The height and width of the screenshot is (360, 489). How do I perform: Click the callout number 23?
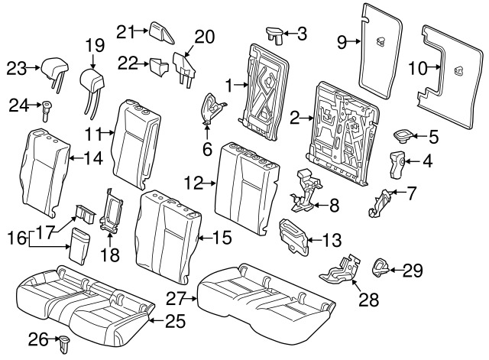coord(17,68)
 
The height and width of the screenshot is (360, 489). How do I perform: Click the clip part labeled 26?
coord(64,345)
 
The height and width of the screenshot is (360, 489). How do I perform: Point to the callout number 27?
coord(176,299)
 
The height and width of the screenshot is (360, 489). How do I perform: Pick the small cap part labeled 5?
coord(403,136)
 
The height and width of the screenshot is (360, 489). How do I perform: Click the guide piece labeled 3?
coord(275,35)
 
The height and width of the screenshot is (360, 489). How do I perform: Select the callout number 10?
coord(418,68)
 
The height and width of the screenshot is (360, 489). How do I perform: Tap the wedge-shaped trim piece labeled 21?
coord(161,33)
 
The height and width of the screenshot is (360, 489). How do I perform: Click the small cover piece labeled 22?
coord(159,66)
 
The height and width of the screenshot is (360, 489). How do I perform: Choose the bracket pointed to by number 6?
coord(212,108)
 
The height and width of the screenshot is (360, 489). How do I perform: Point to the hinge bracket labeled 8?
coord(305,191)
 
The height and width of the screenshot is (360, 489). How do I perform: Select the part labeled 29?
coord(380,268)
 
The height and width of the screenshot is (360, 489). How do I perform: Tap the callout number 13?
coord(332,241)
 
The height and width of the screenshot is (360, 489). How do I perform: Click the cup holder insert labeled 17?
coord(85,213)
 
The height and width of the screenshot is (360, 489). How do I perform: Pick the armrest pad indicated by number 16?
coord(79,246)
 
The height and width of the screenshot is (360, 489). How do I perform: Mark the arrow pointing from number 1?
coord(241,84)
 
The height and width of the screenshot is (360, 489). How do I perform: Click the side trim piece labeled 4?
coord(397,164)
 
